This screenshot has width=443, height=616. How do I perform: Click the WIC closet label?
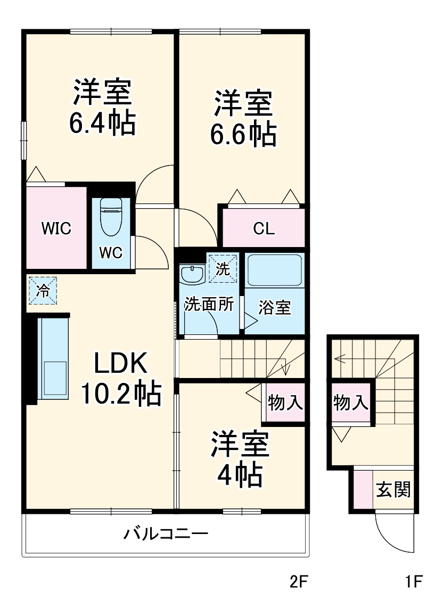point(56,228)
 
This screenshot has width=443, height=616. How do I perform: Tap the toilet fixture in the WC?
point(111,218)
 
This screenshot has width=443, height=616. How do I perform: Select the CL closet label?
point(264,229)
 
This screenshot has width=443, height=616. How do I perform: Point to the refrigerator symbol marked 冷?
point(43,291)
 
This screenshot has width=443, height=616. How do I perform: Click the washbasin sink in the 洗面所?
point(192,275)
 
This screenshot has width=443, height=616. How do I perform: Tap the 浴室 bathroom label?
point(275,307)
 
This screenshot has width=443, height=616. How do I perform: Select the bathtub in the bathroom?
point(275,271)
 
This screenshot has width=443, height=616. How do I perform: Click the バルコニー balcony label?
point(166,533)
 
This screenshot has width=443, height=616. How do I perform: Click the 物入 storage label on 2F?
point(285,403)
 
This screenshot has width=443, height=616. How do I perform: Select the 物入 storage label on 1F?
point(351,403)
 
